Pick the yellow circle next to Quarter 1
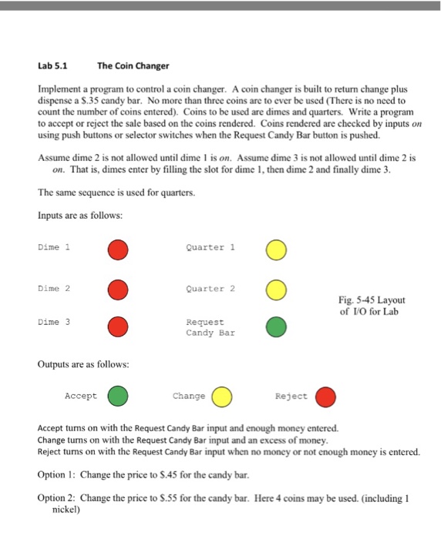point(277,249)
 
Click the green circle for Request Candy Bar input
point(277,327)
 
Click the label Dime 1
point(53,247)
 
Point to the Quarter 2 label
point(210,288)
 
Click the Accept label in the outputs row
point(81,396)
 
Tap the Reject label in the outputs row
point(291,396)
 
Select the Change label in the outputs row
point(189,396)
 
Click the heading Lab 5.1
point(54,65)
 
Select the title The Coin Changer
point(133,65)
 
